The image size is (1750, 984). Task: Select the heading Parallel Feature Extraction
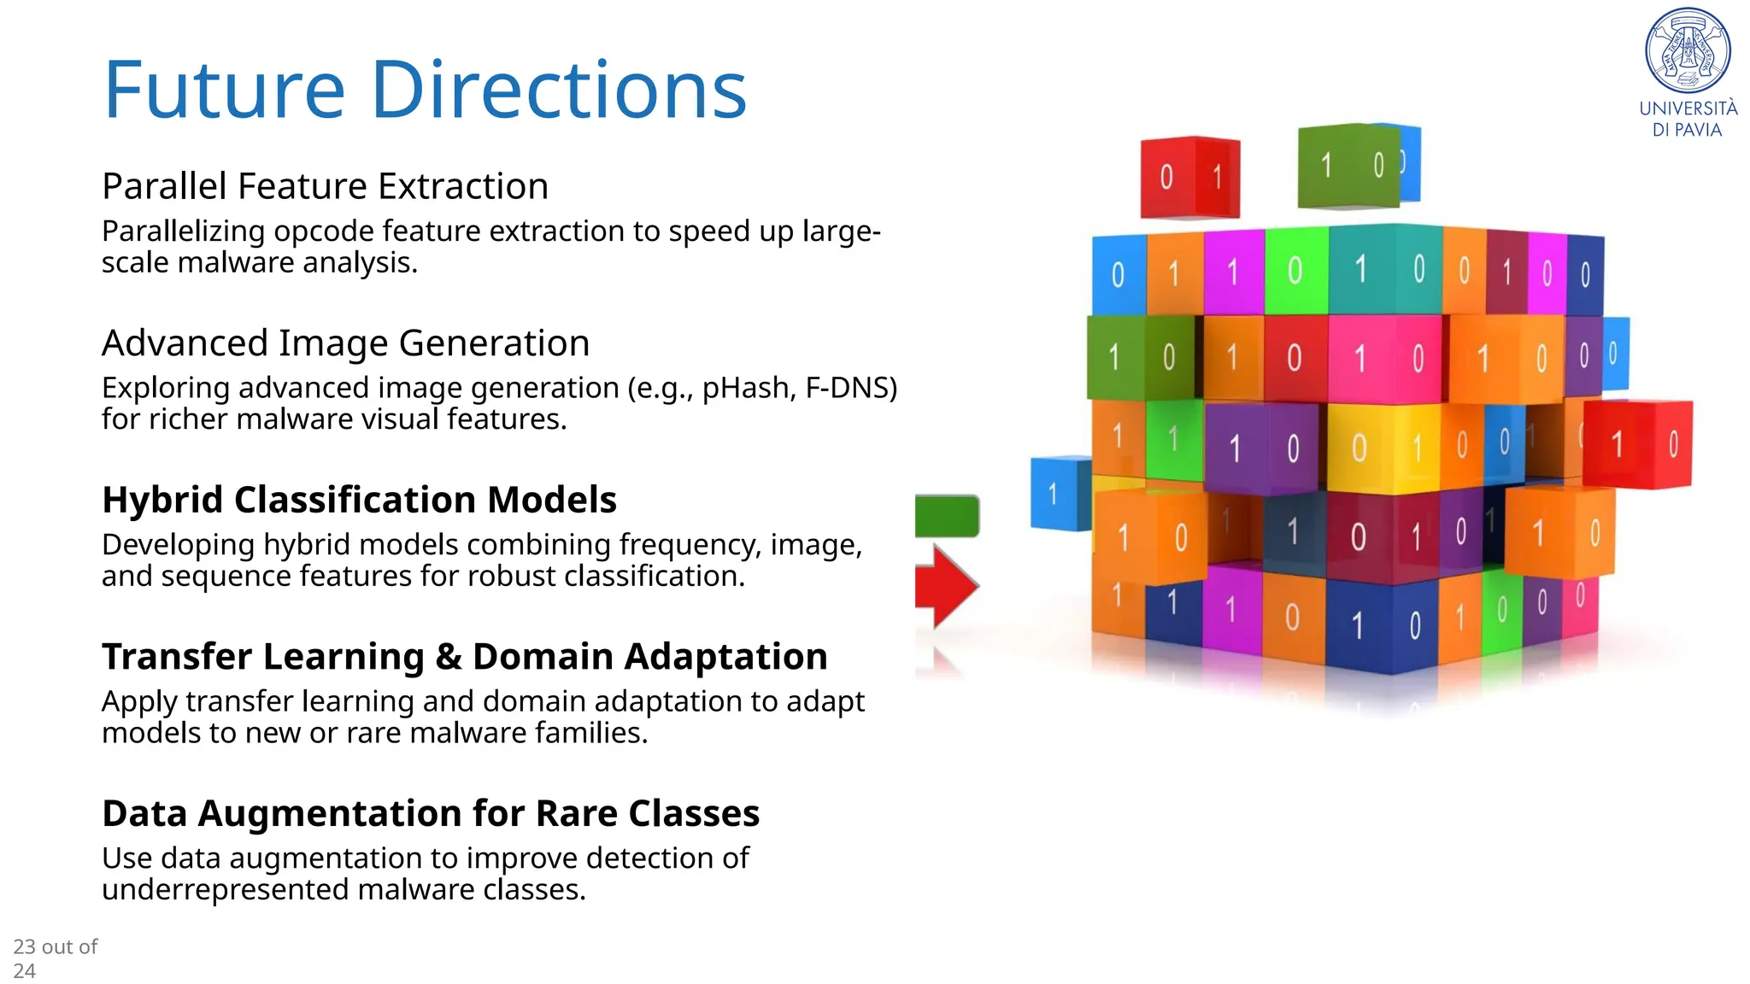pyautogui.click(x=325, y=186)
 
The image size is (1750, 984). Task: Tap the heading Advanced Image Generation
pyautogui.click(x=345, y=343)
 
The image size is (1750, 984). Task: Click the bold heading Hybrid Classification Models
pyautogui.click(x=359, y=500)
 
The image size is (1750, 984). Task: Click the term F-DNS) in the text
pyautogui.click(x=851, y=389)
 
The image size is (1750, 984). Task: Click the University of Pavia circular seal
pyautogui.click(x=1688, y=50)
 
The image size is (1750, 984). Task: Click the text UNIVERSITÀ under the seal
pyautogui.click(x=1688, y=108)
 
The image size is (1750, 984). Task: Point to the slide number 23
pyautogui.click(x=24, y=946)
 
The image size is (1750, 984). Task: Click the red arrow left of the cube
pyautogui.click(x=945, y=587)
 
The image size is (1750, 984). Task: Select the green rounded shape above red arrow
pyautogui.click(x=946, y=516)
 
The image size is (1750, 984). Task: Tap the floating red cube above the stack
pyautogui.click(x=1189, y=177)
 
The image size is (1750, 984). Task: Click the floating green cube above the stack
pyautogui.click(x=1348, y=166)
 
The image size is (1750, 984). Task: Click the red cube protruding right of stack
pyautogui.click(x=1636, y=444)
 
